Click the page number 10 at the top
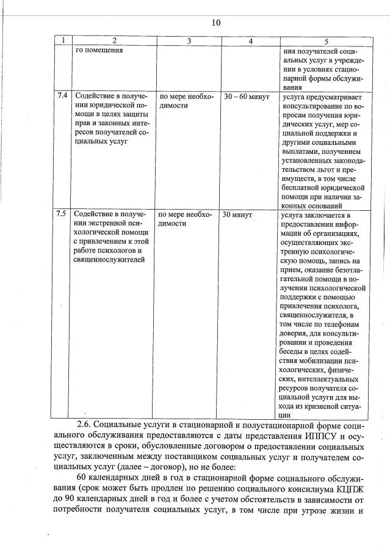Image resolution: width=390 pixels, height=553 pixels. coord(215,23)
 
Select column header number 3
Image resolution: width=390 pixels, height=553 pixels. coord(189,40)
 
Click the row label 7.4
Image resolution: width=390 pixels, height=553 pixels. coord(61,96)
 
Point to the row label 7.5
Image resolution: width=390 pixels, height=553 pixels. coord(61,214)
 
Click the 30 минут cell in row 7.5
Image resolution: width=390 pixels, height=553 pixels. coord(238,214)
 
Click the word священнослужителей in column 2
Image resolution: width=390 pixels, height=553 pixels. coord(109,260)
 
